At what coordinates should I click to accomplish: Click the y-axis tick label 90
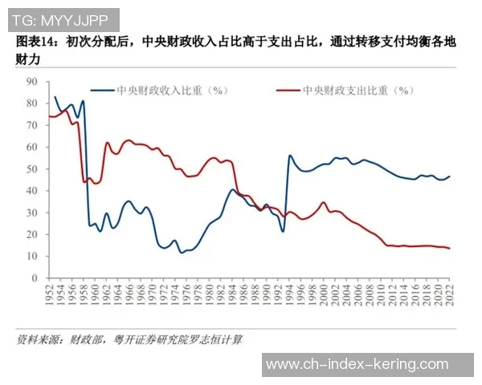pyautogui.click(x=32, y=82)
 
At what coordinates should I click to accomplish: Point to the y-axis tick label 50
pyautogui.click(x=32, y=169)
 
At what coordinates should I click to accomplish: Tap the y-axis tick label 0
pyautogui.click(x=35, y=278)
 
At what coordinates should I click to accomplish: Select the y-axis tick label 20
pyautogui.click(x=32, y=235)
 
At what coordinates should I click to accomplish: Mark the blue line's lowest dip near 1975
pyautogui.click(x=182, y=253)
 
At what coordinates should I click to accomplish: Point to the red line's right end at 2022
pyautogui.click(x=449, y=249)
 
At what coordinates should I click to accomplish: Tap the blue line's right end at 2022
pyautogui.click(x=449, y=176)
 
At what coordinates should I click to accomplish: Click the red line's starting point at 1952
pyautogui.click(x=50, y=116)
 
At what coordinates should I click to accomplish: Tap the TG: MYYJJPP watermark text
pyautogui.click(x=61, y=18)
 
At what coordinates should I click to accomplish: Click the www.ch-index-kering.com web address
pyautogui.click(x=357, y=364)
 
